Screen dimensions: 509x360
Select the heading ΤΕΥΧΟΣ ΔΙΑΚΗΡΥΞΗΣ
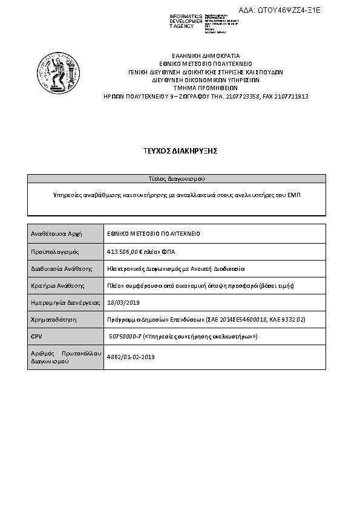pos(176,151)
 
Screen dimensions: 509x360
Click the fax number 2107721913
pos(291,96)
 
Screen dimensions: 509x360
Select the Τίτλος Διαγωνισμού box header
pos(177,179)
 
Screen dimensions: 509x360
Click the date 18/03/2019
pos(123,302)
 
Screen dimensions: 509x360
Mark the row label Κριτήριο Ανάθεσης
pos(57,285)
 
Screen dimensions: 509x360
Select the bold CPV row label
pos(36,336)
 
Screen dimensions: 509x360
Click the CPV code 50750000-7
pos(125,336)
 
